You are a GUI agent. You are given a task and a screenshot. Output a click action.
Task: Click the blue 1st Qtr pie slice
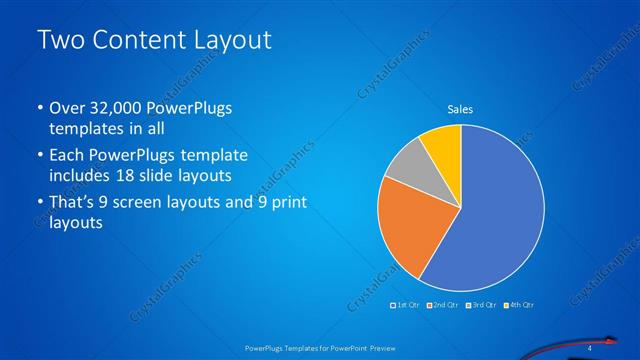[495, 210]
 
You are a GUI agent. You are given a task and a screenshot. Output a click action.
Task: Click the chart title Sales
[460, 109]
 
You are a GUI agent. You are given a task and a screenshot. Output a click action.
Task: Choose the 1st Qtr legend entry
[406, 303]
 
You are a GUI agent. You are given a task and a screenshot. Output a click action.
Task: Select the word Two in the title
[58, 41]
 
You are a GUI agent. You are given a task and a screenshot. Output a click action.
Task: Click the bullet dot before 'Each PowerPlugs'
[39, 157]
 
